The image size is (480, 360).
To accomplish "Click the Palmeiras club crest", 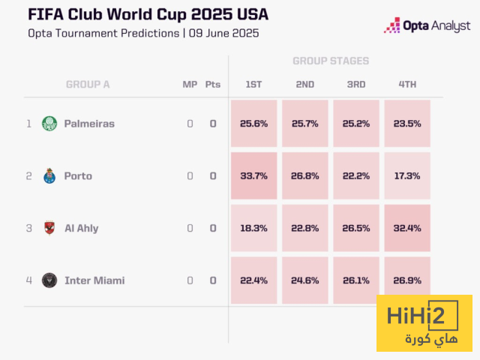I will (49, 123).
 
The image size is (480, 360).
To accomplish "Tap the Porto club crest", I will (49, 175).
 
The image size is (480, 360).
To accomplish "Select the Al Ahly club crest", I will (49, 228).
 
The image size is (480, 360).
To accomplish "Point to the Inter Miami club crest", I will (49, 280).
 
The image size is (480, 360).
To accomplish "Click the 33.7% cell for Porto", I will (253, 175).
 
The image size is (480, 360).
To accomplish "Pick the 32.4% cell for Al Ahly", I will (407, 228).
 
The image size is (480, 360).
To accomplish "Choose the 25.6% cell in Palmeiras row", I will (253, 123).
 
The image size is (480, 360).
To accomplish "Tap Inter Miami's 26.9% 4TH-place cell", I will (407, 280).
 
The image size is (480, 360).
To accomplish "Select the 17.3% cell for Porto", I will (407, 175).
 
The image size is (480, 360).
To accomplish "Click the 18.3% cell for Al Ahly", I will (253, 228).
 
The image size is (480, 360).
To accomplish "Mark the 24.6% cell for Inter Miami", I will (304, 280).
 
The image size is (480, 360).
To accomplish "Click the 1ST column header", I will (253, 85).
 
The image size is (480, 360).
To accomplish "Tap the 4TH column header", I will (407, 85).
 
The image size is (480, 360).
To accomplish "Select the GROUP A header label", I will (88, 85).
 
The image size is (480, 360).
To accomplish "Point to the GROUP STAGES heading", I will (331, 61).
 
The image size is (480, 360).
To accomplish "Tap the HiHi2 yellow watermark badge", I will (424, 323).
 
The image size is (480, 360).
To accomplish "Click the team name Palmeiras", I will (89, 123).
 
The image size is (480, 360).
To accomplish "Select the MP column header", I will (190, 85).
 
